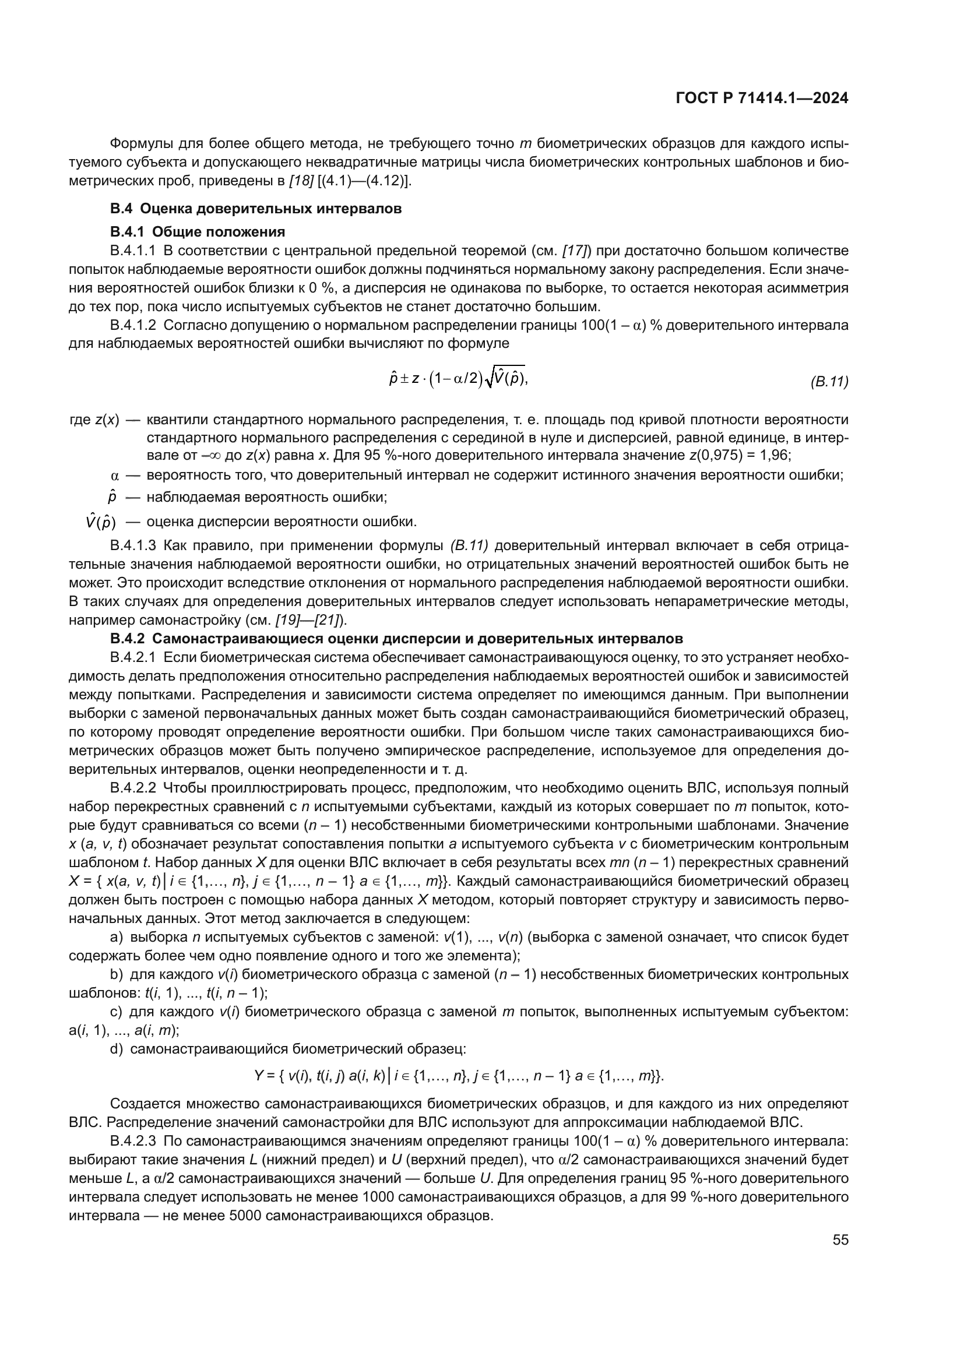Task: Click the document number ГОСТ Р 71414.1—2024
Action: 762,98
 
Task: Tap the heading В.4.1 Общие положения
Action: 197,231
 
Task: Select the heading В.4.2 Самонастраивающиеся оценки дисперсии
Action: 396,639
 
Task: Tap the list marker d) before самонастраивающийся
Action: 117,1049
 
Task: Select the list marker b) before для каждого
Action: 117,974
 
